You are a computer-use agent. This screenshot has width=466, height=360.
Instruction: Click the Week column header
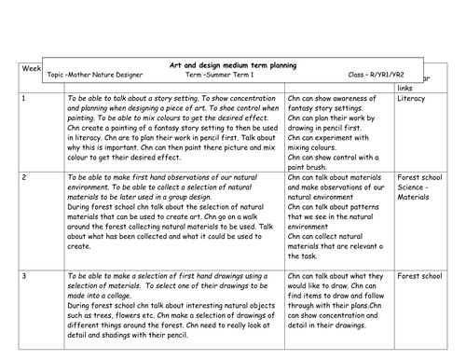[x=29, y=70]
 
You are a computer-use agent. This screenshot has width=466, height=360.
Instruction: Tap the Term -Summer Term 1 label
[x=223, y=75]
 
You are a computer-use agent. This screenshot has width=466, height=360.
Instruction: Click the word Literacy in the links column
[x=412, y=98]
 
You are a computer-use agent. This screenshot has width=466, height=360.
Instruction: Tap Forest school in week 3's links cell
[x=419, y=277]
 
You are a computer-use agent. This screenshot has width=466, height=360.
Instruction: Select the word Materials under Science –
[x=415, y=196]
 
